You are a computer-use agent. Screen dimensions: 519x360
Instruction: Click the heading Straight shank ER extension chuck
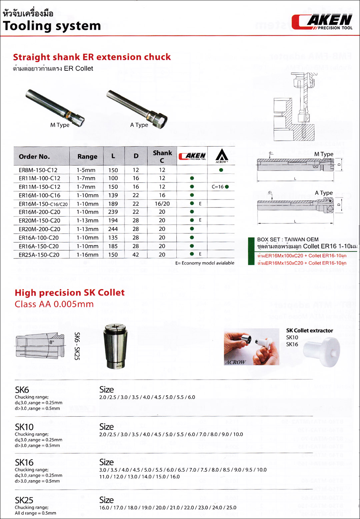(92, 57)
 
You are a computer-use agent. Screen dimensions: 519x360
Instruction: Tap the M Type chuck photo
(55, 106)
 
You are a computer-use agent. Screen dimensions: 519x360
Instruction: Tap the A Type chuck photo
(137, 107)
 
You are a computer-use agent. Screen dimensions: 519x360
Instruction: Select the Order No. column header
(34, 156)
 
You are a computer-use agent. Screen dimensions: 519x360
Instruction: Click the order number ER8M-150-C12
(38, 170)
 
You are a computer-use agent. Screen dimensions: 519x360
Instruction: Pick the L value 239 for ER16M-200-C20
(113, 212)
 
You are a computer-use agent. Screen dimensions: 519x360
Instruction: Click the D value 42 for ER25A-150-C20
(136, 254)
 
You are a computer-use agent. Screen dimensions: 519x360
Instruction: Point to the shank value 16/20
(162, 203)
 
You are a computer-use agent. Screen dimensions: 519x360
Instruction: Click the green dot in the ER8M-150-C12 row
(221, 170)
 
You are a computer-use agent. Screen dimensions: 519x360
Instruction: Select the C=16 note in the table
(218, 187)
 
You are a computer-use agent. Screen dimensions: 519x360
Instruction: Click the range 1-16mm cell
(87, 254)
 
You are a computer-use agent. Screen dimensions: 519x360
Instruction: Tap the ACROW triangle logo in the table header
(222, 155)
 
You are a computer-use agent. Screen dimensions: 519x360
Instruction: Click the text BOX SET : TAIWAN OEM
(288, 239)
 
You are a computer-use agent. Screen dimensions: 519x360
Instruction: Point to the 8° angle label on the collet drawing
(52, 342)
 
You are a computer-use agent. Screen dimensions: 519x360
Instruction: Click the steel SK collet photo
(115, 346)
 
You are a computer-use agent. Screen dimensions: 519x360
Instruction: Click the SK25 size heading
(24, 500)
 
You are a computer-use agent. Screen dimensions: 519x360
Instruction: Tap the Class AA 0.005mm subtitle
(54, 304)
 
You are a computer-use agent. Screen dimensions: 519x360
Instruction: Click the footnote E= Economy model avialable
(205, 263)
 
